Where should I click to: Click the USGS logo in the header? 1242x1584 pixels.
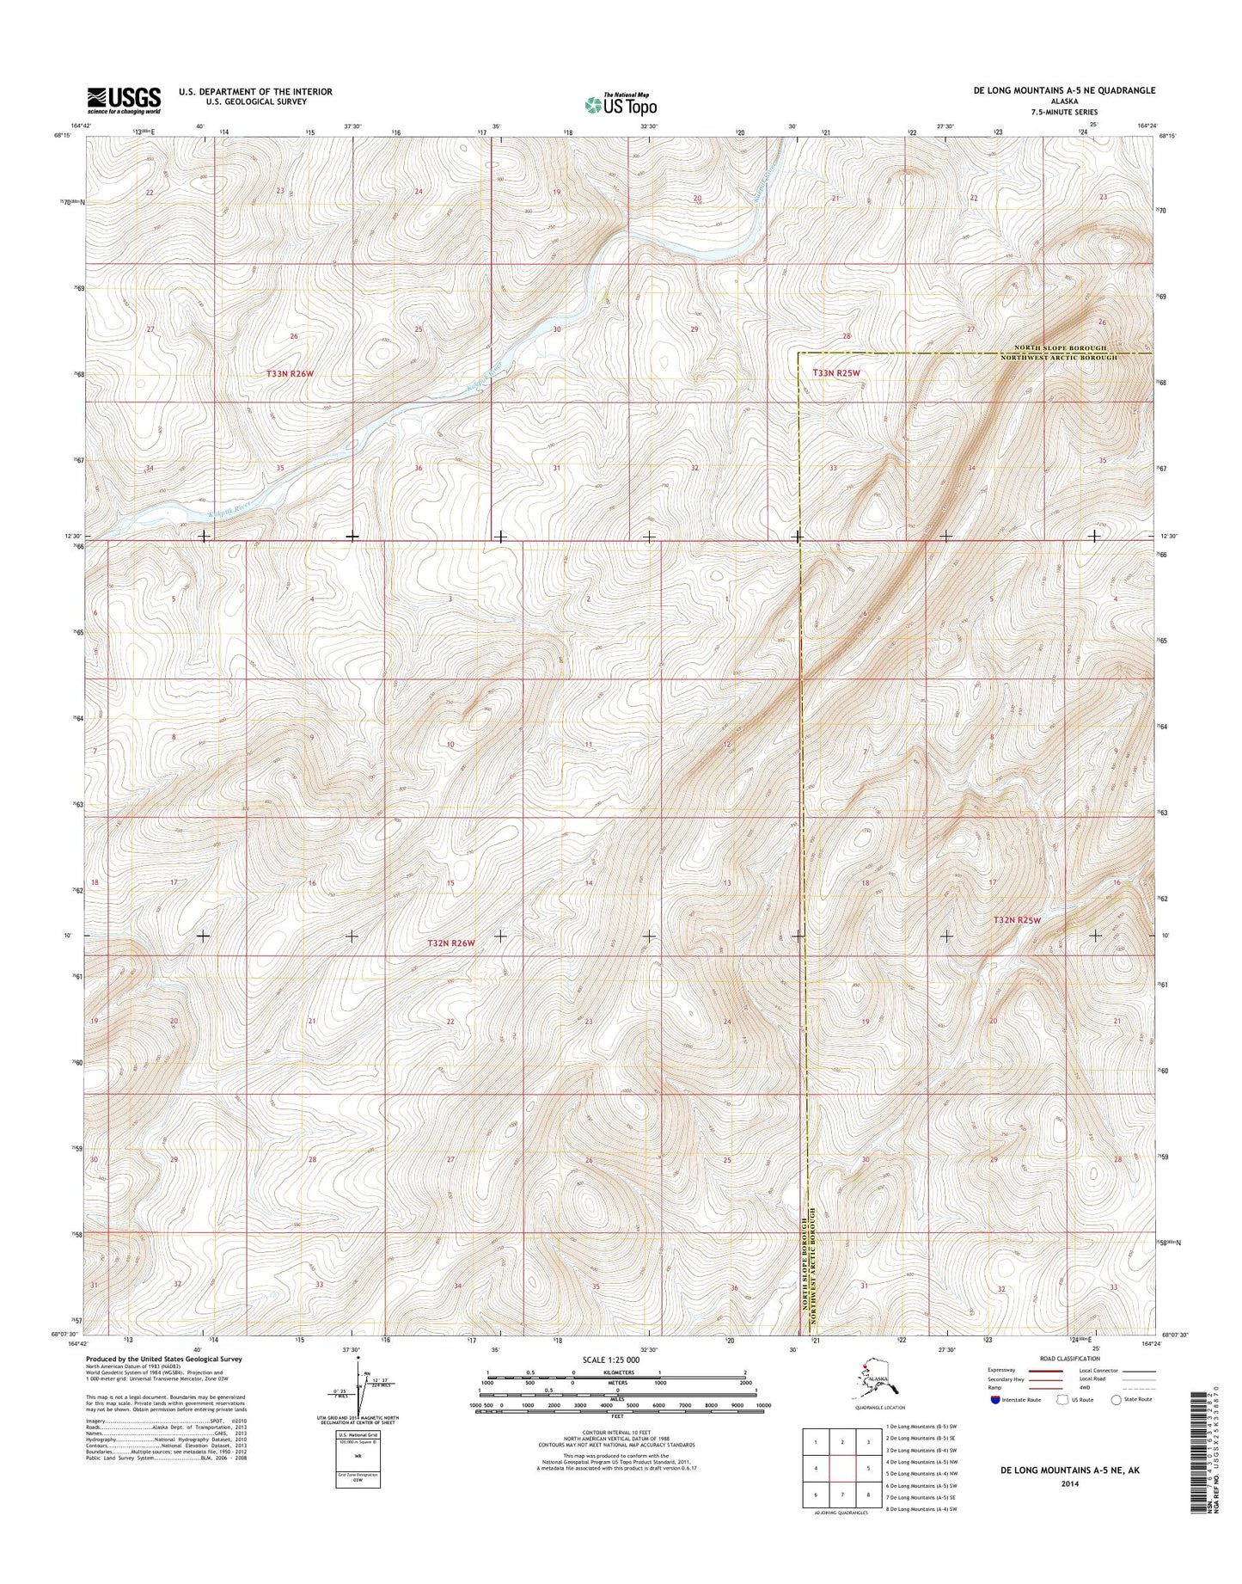(123, 100)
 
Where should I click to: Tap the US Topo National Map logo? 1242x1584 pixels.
(621, 104)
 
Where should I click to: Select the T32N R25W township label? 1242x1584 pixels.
(1017, 919)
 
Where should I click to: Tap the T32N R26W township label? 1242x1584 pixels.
(451, 943)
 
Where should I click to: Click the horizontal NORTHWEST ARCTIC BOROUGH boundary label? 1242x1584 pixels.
(1059, 357)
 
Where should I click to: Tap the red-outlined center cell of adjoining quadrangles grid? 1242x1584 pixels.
(843, 1469)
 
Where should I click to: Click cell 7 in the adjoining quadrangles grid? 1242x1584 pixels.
(843, 1495)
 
